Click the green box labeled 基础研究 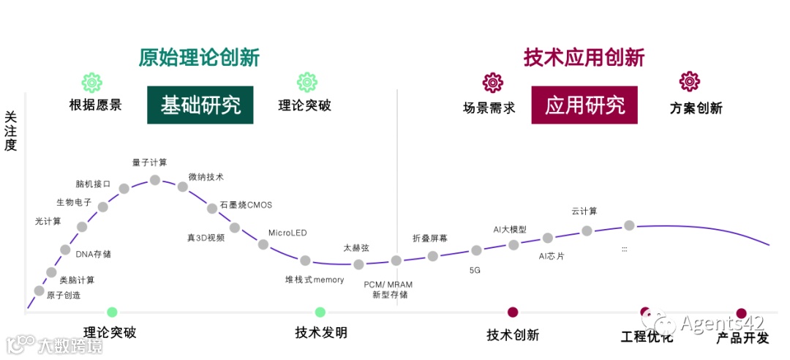point(200,105)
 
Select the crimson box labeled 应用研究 point(584,105)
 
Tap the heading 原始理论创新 point(199,58)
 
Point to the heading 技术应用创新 point(584,58)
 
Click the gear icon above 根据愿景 point(91,82)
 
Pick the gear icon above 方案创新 point(690,81)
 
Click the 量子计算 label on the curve point(149,162)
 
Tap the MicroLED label point(287,233)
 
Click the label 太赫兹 point(356,248)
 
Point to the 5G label point(475,270)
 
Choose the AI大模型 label point(510,230)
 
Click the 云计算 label point(584,211)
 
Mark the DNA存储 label point(94,254)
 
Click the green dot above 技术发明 point(320,312)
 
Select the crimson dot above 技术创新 point(513,312)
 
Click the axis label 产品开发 point(742,337)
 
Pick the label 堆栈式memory point(315,280)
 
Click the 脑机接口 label point(93,184)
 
